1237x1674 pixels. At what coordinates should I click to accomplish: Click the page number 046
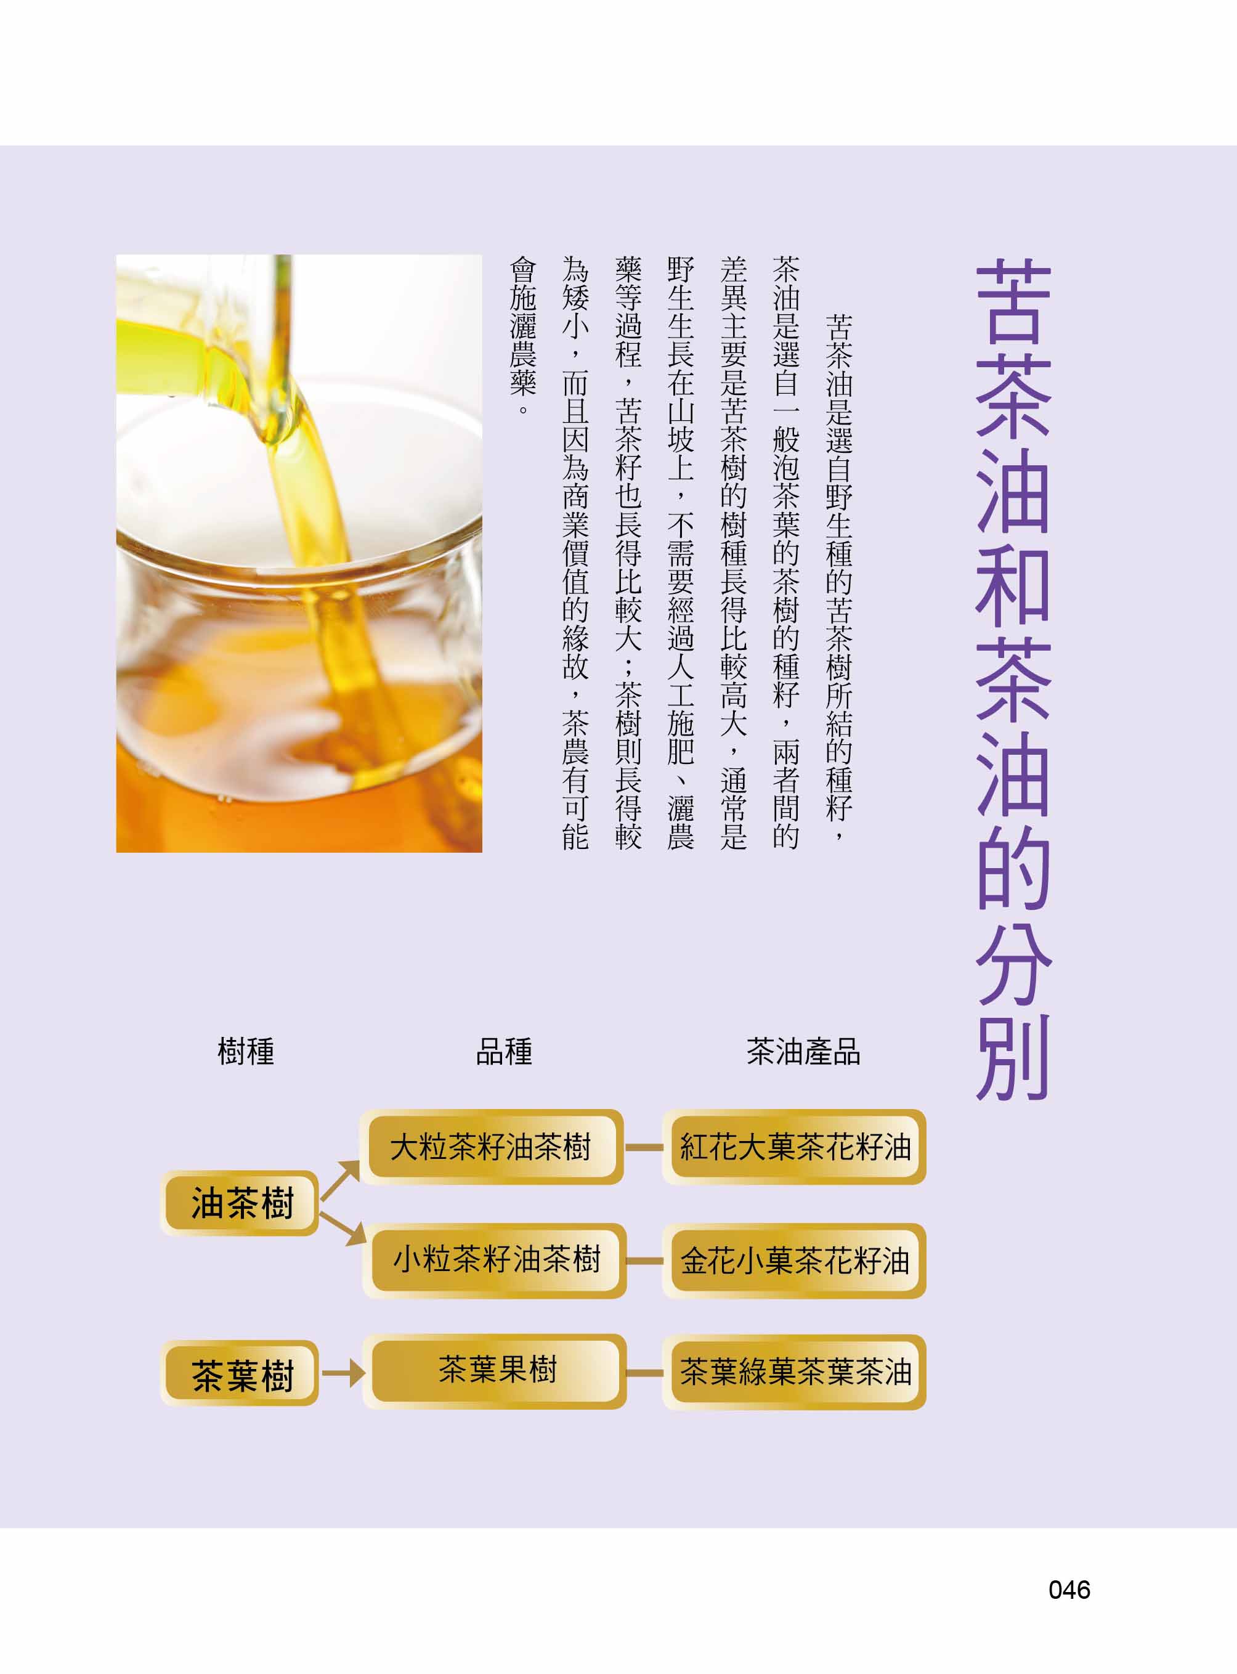(1069, 1590)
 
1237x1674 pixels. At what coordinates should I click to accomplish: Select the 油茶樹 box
(240, 1203)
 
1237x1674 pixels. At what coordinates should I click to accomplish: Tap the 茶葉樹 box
(240, 1373)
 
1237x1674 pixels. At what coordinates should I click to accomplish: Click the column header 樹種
(246, 1052)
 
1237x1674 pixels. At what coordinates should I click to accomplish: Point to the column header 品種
(504, 1052)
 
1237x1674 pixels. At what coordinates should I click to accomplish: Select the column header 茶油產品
(803, 1052)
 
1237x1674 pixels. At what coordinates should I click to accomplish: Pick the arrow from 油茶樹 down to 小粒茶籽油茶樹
(343, 1225)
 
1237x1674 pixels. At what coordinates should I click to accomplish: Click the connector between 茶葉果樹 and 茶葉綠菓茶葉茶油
(644, 1373)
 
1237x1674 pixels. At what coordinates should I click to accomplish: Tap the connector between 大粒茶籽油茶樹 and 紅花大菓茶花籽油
(644, 1147)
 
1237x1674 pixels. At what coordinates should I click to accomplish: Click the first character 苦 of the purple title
(1014, 299)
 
